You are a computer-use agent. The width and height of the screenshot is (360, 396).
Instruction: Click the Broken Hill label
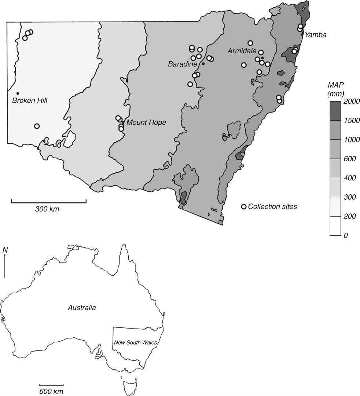(30, 100)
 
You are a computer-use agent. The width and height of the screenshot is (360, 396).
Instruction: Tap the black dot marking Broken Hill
(18, 93)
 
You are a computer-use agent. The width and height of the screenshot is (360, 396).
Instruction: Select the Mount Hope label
(146, 122)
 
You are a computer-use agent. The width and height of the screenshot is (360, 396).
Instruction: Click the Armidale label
(242, 51)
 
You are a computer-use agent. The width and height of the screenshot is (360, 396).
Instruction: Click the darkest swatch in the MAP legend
(335, 111)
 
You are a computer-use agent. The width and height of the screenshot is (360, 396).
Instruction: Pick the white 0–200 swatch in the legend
(335, 225)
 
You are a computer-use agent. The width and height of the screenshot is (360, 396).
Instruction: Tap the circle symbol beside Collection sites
(244, 207)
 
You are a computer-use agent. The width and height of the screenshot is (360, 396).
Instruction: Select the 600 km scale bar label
(51, 391)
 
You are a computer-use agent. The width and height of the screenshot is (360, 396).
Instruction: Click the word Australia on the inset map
(82, 308)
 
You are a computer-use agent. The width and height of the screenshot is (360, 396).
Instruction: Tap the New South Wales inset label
(135, 342)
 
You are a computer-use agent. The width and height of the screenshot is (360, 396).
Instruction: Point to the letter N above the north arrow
(5, 250)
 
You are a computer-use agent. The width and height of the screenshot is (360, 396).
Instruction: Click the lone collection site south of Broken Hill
(37, 126)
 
